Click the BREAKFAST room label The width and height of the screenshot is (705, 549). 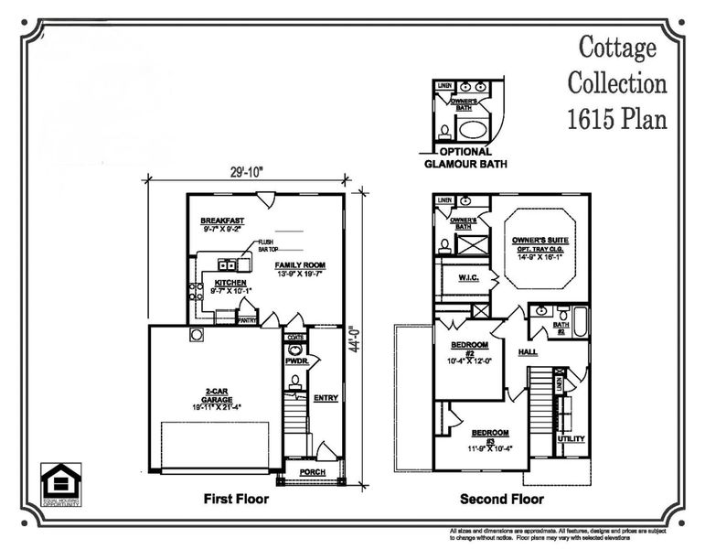pos(223,221)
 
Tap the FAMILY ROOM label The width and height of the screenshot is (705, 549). pos(301,265)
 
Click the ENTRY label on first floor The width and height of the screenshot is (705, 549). pos(326,397)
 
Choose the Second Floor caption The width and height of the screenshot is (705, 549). pos(500,500)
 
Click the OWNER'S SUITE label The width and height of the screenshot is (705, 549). pos(536,240)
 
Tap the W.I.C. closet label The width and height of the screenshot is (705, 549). pos(466,280)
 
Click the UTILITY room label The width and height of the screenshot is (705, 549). pos(571,439)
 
